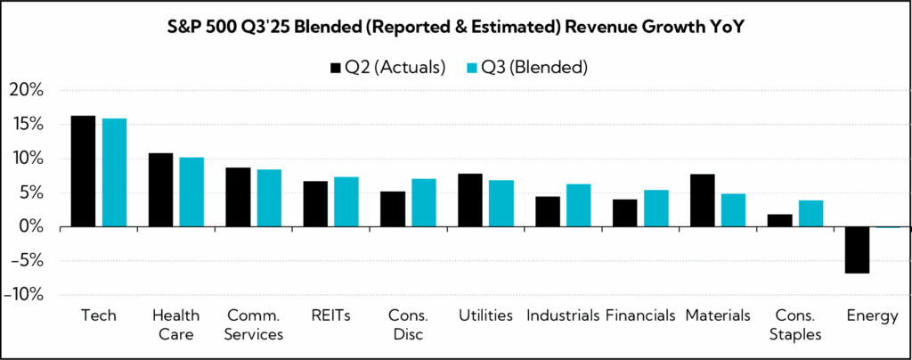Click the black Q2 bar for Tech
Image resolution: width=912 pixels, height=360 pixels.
[x=83, y=171]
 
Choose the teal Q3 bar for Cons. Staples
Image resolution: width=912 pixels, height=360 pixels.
[x=810, y=214]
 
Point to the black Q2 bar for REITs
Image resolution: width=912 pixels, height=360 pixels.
[x=315, y=204]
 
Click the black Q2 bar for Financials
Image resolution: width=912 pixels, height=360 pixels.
[x=627, y=213]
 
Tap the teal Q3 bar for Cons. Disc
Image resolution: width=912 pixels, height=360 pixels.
[x=424, y=203]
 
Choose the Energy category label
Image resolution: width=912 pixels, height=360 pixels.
[x=874, y=315]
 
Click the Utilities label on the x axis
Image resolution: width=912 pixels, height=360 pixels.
[x=485, y=315]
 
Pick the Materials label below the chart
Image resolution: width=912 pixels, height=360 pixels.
[x=718, y=315]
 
